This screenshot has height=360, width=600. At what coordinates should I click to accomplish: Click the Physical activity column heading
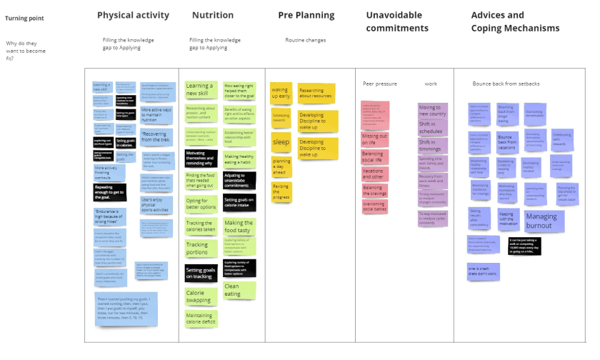(x=134, y=15)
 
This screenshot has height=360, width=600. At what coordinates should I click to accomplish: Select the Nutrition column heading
(x=213, y=15)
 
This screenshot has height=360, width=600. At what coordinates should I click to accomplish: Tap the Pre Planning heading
(x=306, y=15)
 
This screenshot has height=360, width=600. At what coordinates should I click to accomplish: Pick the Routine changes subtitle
(x=306, y=40)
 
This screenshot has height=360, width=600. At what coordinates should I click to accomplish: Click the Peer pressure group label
(x=379, y=84)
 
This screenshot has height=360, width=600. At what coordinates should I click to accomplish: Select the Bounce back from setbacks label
(x=506, y=84)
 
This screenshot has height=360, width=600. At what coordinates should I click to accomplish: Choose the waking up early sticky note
(x=281, y=92)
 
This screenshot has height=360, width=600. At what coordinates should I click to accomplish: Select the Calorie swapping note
(x=200, y=296)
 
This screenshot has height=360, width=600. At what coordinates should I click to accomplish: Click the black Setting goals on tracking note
(x=200, y=273)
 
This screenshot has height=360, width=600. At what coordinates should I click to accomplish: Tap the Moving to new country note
(x=433, y=110)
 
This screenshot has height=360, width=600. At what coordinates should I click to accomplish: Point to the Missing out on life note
(x=375, y=139)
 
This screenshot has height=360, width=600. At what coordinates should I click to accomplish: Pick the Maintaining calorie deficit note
(x=200, y=319)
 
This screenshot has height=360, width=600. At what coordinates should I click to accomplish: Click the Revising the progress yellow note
(x=281, y=191)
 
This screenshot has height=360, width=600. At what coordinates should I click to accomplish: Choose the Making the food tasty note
(x=239, y=226)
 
